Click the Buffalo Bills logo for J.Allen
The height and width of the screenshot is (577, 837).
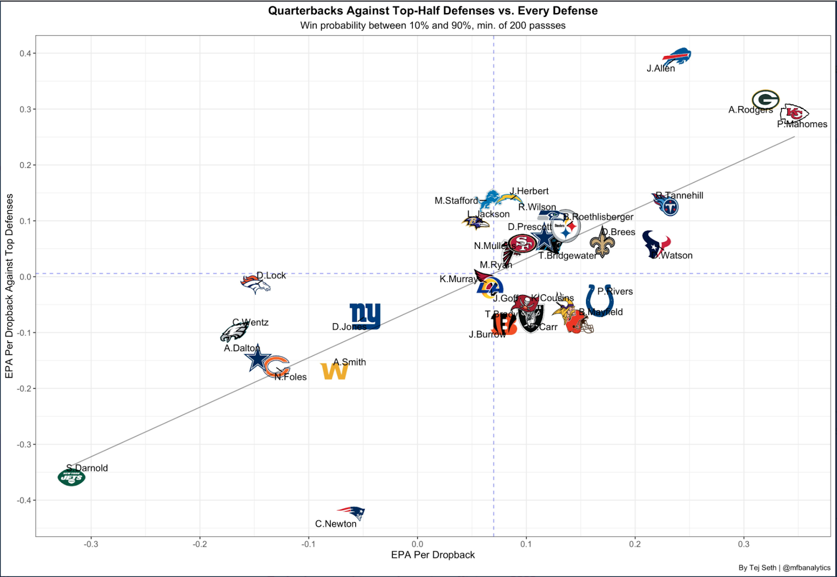click(x=677, y=56)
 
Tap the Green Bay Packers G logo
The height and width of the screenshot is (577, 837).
click(x=765, y=99)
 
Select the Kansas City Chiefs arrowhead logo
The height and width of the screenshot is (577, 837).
click(x=794, y=112)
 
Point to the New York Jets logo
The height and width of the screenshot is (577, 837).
click(x=72, y=477)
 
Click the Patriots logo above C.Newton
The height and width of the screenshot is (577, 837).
click(x=352, y=512)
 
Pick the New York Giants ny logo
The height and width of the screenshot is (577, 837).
click(x=365, y=315)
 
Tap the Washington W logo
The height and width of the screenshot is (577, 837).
click(x=334, y=371)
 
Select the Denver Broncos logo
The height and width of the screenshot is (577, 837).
click(x=255, y=284)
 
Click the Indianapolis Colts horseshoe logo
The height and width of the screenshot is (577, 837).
click(x=600, y=301)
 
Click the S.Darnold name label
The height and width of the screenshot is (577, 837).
click(x=87, y=468)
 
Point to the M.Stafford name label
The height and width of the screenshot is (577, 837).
click(x=456, y=201)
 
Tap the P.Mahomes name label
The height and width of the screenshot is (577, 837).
click(x=802, y=125)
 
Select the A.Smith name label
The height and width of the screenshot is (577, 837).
click(x=349, y=362)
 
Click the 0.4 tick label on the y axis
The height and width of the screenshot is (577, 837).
click(x=24, y=53)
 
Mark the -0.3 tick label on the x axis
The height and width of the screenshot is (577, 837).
click(x=91, y=544)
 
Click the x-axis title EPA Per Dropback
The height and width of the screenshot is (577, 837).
click(x=433, y=555)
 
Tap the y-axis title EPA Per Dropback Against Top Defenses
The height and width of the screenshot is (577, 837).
click(x=9, y=286)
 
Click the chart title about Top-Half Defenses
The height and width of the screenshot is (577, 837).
click(x=433, y=10)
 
